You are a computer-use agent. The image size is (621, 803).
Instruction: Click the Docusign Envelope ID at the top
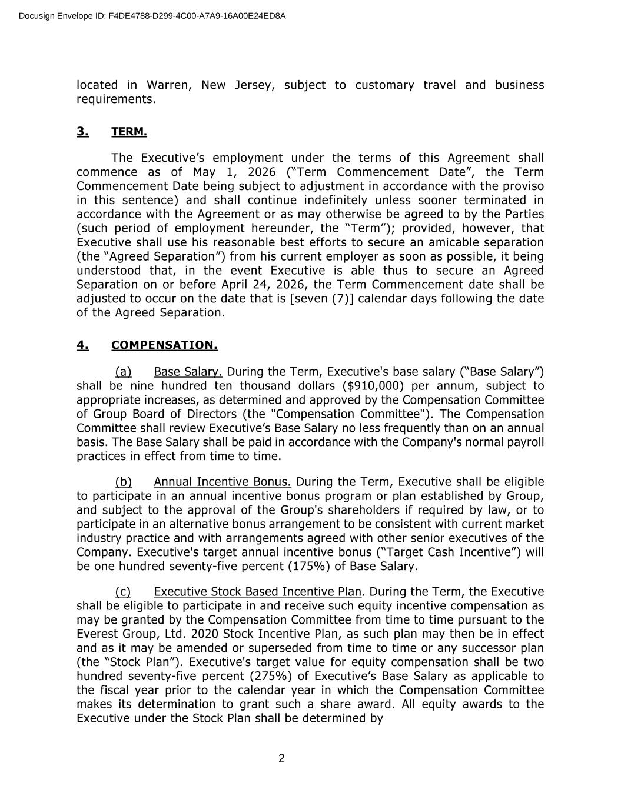point(152,16)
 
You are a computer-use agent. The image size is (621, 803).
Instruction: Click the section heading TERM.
point(129,132)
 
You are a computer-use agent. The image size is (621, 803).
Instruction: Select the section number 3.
point(82,132)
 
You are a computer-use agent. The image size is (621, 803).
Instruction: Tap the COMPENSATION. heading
point(164,345)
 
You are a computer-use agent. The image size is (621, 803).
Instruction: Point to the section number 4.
point(82,345)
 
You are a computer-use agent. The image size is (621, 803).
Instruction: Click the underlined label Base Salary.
point(188,372)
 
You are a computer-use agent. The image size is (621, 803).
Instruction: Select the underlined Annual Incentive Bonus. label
point(223,482)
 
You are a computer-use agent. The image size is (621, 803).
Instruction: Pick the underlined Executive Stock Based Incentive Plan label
point(257,592)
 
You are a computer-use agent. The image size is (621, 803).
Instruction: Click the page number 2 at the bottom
point(281,758)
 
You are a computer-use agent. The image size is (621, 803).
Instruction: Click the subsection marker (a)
point(123,372)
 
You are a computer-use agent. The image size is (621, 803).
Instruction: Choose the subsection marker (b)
point(123,482)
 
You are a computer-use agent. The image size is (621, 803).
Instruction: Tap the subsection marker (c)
point(123,592)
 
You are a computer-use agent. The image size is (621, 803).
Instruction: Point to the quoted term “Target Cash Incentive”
point(447,552)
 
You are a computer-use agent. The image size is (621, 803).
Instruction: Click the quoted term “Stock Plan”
point(138,662)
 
